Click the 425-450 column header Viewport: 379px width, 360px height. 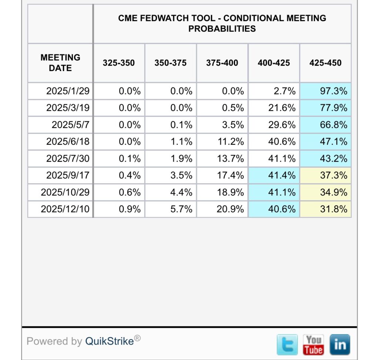tap(325, 63)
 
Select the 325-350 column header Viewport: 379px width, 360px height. tap(119, 63)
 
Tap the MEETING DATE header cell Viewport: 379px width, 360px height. tap(60, 63)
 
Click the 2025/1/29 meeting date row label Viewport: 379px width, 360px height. tap(68, 91)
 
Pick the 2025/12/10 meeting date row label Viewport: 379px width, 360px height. tap(65, 209)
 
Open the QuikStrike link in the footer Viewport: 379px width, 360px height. tap(110, 341)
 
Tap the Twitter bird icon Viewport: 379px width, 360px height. tap(287, 344)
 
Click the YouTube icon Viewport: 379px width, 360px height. tap(313, 344)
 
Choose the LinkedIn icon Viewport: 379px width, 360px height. tap(339, 344)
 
